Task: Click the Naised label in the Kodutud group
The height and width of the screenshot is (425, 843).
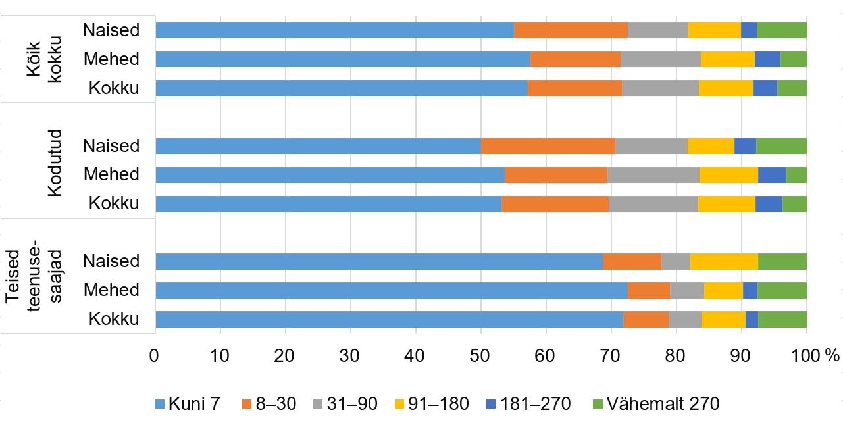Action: [111, 145]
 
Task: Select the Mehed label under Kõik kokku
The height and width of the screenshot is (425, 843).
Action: [111, 59]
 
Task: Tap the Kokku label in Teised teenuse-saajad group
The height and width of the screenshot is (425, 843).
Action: [114, 319]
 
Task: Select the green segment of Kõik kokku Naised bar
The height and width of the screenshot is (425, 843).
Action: [781, 30]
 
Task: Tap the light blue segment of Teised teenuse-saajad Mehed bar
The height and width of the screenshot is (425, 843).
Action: [391, 290]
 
